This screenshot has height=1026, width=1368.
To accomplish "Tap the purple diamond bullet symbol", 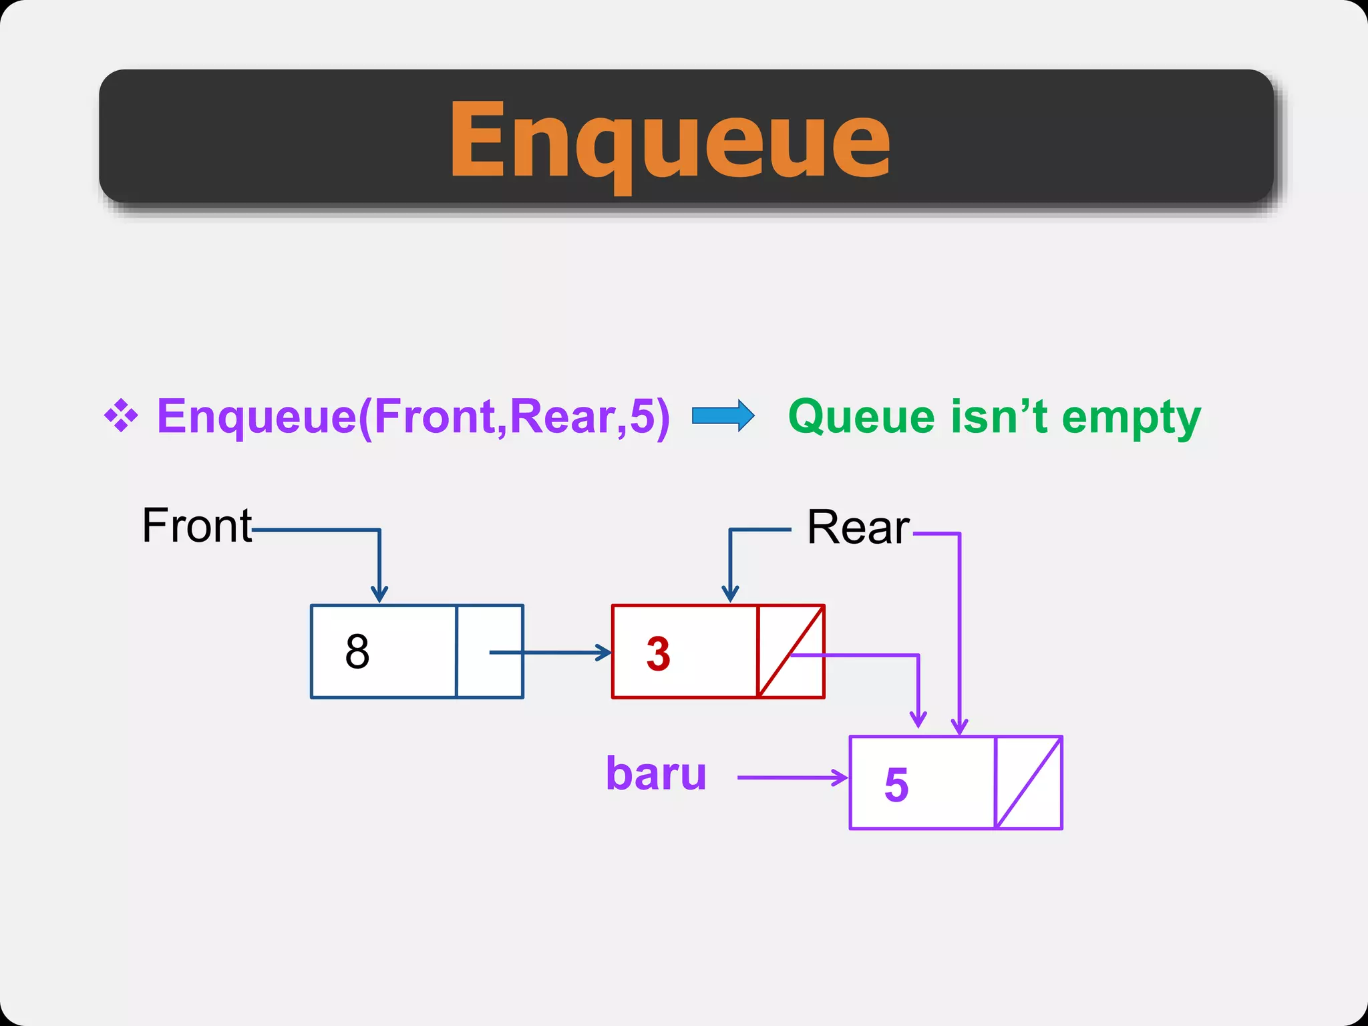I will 121,415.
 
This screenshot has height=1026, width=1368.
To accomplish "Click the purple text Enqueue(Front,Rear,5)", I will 413,416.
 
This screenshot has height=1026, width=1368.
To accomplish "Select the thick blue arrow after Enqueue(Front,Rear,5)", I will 723,416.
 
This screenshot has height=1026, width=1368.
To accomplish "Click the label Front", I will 197,526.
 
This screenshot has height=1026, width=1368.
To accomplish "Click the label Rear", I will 858,528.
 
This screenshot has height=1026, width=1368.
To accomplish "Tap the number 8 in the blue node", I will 357,652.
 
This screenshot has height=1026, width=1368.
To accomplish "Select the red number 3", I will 658,653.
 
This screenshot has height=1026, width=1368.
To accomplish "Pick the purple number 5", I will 896,784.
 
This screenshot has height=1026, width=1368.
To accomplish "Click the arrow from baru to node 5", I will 792,778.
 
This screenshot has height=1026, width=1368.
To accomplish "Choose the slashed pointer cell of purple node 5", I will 1029,783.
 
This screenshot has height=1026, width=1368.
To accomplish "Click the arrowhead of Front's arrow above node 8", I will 379,594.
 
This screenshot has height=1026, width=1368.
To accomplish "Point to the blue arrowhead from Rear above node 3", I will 730,593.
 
